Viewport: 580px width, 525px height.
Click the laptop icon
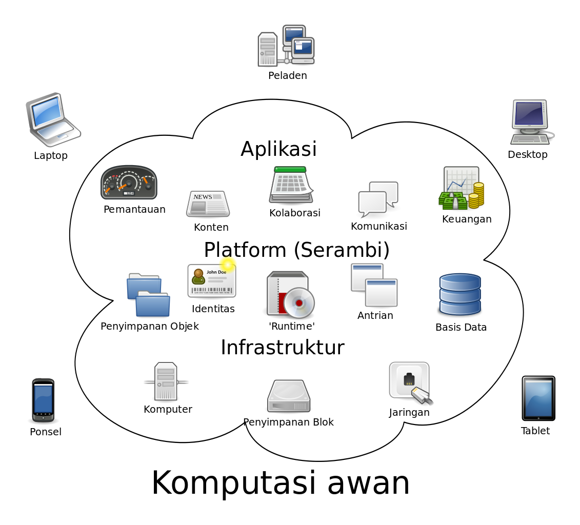[53, 119]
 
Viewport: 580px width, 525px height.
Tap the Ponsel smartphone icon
[43, 400]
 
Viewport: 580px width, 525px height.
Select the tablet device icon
[538, 398]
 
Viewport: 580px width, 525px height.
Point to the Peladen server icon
[286, 46]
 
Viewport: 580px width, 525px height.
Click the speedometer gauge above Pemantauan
[129, 183]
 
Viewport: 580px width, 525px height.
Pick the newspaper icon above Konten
[208, 204]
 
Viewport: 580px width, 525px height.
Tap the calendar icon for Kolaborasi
[291, 185]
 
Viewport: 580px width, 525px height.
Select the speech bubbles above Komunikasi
[378, 199]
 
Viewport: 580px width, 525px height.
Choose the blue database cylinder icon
[460, 294]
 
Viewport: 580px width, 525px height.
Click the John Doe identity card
[212, 280]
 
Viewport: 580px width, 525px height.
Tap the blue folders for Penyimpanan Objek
[148, 295]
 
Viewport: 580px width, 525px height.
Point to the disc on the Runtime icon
[299, 303]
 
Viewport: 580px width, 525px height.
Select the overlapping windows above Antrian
[374, 285]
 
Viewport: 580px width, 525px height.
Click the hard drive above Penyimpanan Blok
[289, 396]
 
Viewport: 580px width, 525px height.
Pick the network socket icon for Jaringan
[410, 383]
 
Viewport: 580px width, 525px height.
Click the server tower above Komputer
[166, 381]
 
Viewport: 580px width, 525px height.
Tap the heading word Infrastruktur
[283, 347]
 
